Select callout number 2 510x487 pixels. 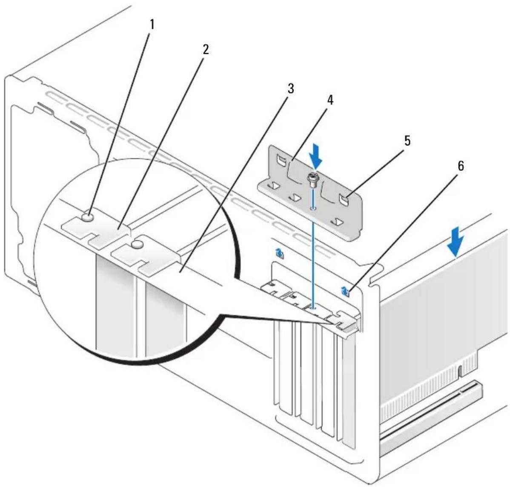tap(205, 50)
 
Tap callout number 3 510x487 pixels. tap(290, 88)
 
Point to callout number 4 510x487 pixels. tap(330, 100)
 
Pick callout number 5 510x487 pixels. tap(407, 141)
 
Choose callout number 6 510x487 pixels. tap(461, 166)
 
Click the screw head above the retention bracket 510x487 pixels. tap(314, 179)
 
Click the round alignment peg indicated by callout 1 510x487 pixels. tap(87, 216)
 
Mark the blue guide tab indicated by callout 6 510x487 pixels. tap(345, 291)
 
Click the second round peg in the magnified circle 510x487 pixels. tap(137, 244)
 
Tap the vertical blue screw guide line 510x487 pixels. tap(314, 248)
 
